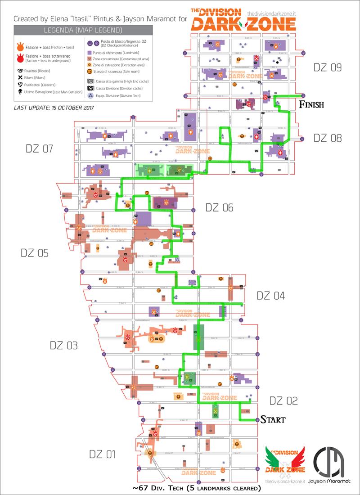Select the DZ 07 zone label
[x=40, y=148]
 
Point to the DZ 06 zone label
[x=219, y=207]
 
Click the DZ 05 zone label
[x=34, y=253]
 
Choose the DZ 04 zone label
[x=270, y=296]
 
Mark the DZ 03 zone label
[x=63, y=346]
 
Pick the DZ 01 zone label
[x=102, y=454]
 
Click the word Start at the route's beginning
[x=273, y=420]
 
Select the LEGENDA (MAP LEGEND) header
[x=83, y=31]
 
